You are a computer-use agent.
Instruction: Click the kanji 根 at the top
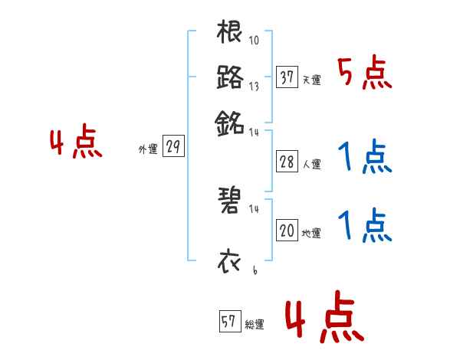point(230,33)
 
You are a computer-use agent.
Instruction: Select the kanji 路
point(230,77)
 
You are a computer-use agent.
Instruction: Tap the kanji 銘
point(230,121)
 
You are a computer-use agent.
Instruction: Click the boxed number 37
point(287,77)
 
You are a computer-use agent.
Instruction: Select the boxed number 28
point(287,162)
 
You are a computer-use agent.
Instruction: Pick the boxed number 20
point(287,231)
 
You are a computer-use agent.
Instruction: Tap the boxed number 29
point(173,148)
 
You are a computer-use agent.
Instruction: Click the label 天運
point(311,80)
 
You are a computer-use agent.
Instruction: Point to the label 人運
point(311,164)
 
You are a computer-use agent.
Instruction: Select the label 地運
point(311,233)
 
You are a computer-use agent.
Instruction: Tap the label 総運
point(254,325)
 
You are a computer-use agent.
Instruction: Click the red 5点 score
point(364,75)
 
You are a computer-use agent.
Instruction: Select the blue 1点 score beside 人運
point(364,159)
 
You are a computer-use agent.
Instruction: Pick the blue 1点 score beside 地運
point(364,227)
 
